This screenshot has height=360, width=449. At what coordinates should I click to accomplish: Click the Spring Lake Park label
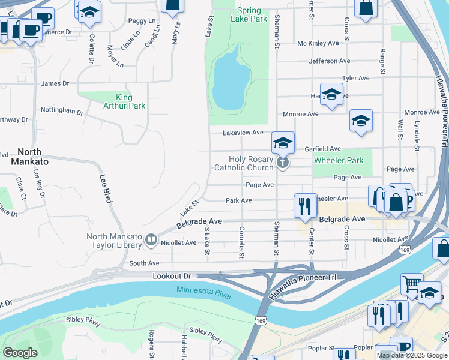249,14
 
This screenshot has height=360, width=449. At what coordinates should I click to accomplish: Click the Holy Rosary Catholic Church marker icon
283,163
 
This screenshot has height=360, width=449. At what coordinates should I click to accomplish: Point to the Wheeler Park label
338,160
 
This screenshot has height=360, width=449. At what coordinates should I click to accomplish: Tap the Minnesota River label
205,290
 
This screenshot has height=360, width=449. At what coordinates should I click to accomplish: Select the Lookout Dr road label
171,274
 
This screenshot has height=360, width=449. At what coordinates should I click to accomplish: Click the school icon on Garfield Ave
283,143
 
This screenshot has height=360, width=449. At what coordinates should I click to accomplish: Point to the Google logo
20,353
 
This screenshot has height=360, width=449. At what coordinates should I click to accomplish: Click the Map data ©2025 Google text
412,355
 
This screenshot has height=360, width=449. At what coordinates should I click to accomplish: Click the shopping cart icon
412,284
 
